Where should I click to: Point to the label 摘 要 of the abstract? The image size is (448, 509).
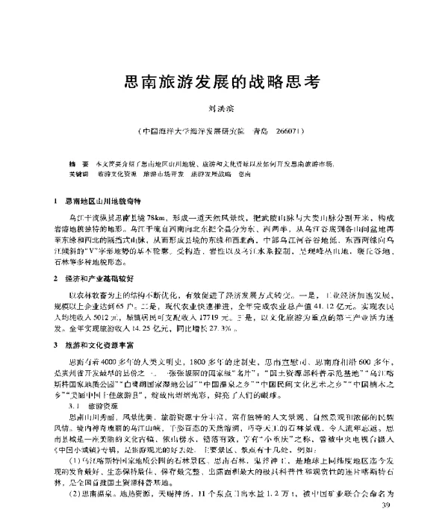[x=78, y=161]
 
